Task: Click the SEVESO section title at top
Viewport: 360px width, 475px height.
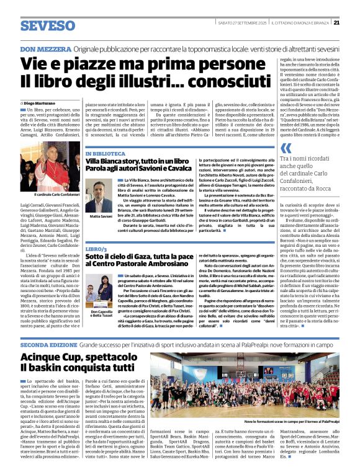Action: click(47, 26)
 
